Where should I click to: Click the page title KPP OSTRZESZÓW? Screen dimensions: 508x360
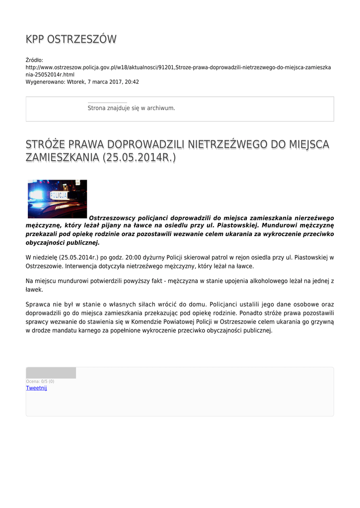(71, 39)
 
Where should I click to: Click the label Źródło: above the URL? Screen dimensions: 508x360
(35, 60)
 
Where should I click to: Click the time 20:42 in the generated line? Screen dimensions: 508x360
(132, 82)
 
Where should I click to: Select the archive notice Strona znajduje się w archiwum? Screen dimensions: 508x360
(131, 108)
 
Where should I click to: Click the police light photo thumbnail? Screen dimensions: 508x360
(57, 199)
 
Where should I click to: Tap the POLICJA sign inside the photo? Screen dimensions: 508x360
(59, 195)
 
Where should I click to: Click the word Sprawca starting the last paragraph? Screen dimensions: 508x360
(38, 304)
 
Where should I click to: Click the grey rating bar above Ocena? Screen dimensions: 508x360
(51, 373)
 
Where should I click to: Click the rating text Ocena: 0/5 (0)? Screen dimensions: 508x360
(40, 381)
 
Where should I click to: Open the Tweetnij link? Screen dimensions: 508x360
(36, 388)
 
